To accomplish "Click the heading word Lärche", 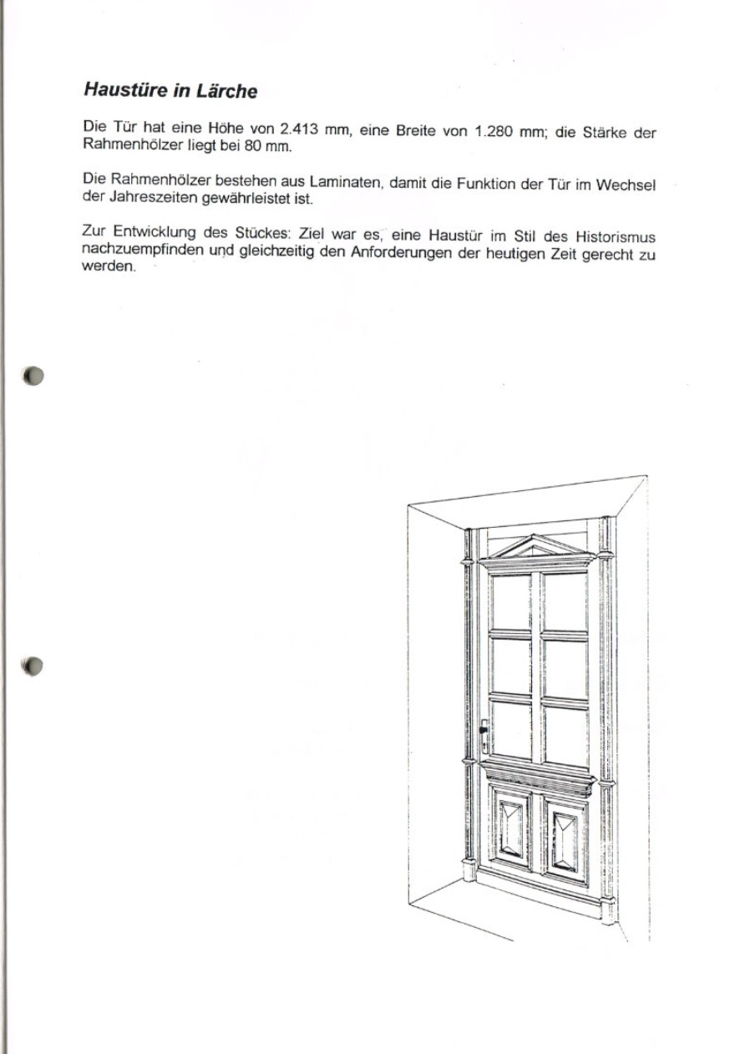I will [x=225, y=89].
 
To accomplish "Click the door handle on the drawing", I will [x=484, y=733].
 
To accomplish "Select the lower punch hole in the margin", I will [x=33, y=666].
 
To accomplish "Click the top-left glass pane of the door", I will [x=511, y=601].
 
